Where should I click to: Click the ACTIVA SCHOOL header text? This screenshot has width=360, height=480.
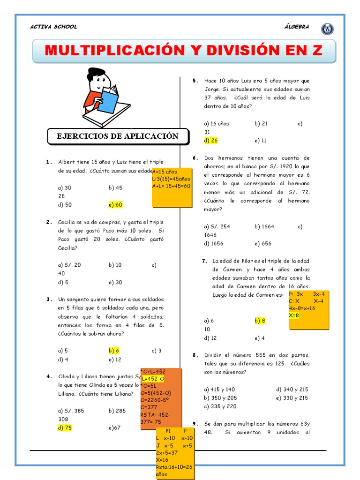point(53,27)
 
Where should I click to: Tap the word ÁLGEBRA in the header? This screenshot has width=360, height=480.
point(297,27)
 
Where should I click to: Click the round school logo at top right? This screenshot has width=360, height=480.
point(327,29)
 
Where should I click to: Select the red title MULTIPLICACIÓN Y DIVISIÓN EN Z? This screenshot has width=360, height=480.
point(184,51)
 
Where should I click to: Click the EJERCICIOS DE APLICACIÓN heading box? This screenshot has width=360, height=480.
point(118,136)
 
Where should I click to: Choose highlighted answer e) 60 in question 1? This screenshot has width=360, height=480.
point(115,205)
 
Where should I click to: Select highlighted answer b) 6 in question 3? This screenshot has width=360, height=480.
point(114,350)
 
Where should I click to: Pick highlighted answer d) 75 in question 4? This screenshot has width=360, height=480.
point(65,427)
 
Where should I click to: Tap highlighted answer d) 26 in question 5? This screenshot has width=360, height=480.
point(211,140)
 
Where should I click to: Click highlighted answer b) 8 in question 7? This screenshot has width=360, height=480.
point(260,321)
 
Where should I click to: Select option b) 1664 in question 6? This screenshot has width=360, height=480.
point(264,226)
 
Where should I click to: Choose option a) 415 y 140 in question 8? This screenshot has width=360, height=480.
point(220,389)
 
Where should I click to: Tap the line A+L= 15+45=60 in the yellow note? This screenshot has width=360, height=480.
point(171,186)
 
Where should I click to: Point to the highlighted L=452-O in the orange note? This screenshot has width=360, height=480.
point(153,378)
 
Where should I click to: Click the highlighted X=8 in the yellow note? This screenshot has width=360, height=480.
point(294,315)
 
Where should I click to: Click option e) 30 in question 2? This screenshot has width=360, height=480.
point(115,282)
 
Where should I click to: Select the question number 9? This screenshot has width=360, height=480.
point(195,423)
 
